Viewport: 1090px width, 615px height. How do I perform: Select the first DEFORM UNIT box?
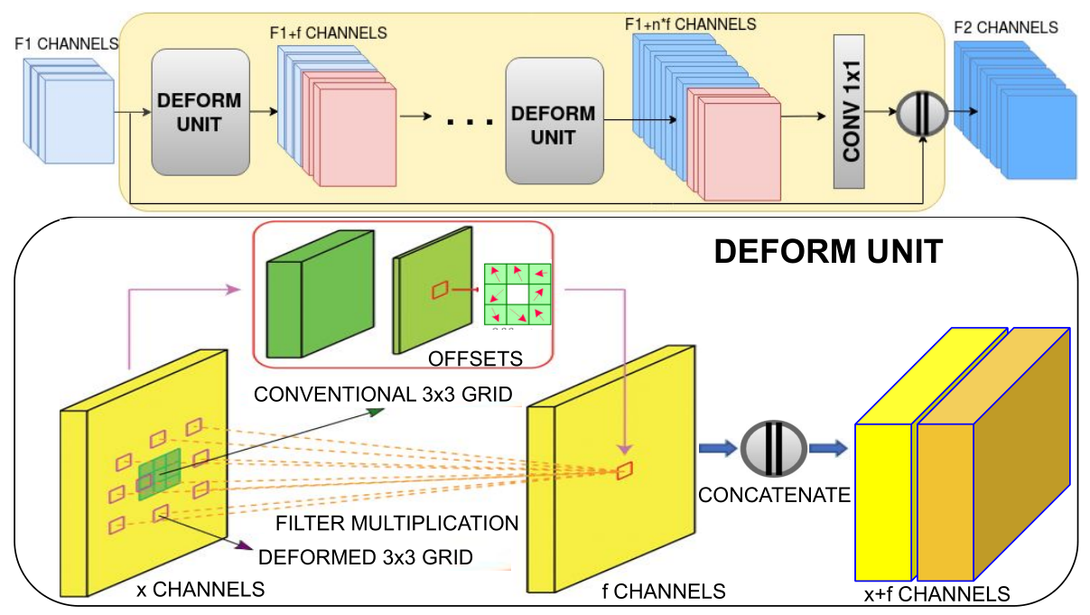point(200,112)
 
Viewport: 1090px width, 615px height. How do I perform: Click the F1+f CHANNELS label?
point(329,33)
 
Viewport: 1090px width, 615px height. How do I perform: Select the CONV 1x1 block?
point(850,112)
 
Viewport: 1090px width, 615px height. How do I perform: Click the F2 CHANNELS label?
point(1006,28)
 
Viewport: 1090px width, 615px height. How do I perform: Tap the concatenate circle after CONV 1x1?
point(921,114)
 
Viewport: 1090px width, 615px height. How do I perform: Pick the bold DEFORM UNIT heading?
point(828,250)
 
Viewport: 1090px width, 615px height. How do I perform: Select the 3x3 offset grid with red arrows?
point(517,294)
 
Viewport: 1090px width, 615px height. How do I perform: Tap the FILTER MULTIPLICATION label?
point(396,523)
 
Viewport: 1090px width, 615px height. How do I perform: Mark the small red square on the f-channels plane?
point(625,470)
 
